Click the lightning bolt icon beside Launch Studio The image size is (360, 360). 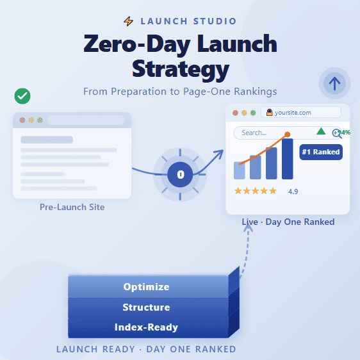tap(129, 21)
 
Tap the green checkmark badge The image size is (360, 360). tap(22, 96)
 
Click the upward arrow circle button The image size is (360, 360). tap(335, 83)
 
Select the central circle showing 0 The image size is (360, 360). tap(180, 174)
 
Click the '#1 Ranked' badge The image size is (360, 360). tap(320, 152)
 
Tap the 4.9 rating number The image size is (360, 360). tap(293, 192)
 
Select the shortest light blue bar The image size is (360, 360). tap(240, 170)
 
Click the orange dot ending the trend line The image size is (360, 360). tap(287, 135)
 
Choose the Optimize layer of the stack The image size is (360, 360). tap(147, 286)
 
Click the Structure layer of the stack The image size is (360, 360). tap(147, 307)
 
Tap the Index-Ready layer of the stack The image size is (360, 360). tap(147, 327)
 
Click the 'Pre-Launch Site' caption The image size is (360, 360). tap(72, 208)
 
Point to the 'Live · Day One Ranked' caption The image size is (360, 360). tap(288, 222)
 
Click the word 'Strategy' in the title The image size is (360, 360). tap(180, 68)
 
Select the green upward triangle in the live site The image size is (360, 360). tap(321, 131)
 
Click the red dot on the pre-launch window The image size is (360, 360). tap(22, 120)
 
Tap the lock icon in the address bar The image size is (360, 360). tap(270, 113)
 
